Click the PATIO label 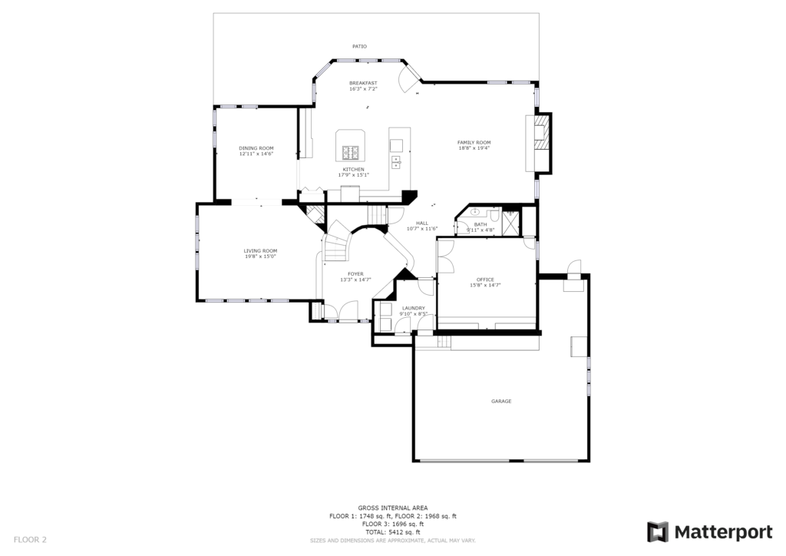point(359,47)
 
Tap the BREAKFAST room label point(363,83)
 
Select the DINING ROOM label point(256,148)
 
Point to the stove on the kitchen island point(351,152)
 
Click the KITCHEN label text point(353,170)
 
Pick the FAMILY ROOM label point(474,143)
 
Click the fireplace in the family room point(542,144)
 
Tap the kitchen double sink point(396,161)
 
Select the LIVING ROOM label point(261,251)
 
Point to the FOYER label point(355,274)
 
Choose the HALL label point(422,223)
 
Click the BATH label point(481,224)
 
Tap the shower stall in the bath point(510,223)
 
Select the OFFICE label point(485,280)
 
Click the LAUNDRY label point(414,308)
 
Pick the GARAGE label point(501,401)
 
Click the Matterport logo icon point(657,532)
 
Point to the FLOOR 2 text point(30,540)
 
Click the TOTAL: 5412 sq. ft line point(393,532)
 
